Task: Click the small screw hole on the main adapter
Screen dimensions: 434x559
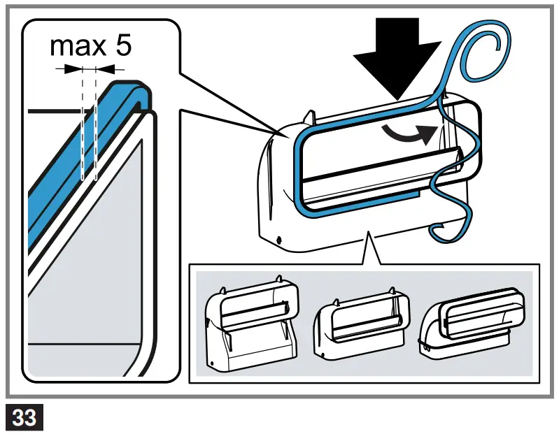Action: (279, 240)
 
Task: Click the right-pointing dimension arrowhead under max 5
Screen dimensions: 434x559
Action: (70, 68)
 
